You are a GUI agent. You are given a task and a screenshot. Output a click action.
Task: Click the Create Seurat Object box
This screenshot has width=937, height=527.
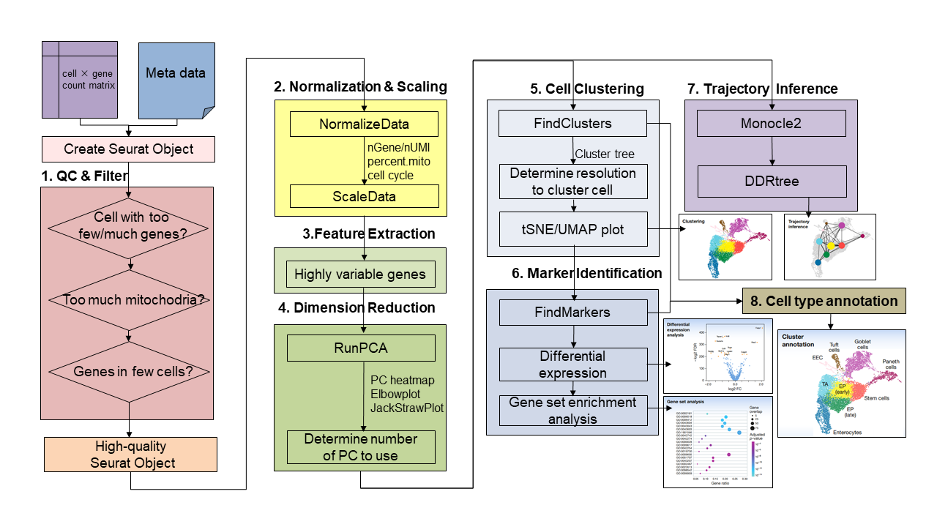(128, 149)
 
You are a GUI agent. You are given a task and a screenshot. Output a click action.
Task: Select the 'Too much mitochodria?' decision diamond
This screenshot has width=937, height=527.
(129, 299)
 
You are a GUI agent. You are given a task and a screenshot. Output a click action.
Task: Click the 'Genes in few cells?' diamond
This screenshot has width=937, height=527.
(129, 371)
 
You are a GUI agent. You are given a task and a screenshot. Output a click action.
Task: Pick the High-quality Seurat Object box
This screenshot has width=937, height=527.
(130, 455)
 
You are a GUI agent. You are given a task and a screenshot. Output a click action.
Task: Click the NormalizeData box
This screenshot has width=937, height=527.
(364, 124)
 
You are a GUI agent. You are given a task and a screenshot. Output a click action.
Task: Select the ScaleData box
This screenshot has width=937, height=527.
(364, 196)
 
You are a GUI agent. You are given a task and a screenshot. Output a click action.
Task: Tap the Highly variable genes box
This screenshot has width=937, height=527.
(360, 275)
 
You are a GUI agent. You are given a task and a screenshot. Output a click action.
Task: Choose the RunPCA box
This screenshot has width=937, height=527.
(361, 348)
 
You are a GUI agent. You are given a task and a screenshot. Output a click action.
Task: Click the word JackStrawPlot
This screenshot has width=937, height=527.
(407, 408)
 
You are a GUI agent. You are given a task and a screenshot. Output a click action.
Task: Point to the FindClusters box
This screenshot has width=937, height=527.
(573, 123)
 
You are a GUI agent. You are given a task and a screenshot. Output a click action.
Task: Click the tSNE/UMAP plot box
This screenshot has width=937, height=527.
(573, 229)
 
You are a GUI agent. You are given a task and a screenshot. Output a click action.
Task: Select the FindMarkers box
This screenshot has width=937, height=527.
(573, 313)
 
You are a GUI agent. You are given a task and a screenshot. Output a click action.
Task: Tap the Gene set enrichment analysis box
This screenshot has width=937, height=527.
(573, 411)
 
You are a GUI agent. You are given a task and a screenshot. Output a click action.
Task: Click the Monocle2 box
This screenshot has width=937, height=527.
(771, 123)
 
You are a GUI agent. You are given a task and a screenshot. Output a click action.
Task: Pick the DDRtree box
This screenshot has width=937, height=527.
(771, 181)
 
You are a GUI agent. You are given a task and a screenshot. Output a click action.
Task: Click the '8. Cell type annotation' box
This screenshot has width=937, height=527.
(824, 301)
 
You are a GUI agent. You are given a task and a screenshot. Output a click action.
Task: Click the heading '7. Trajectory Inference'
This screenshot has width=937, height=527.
(762, 89)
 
